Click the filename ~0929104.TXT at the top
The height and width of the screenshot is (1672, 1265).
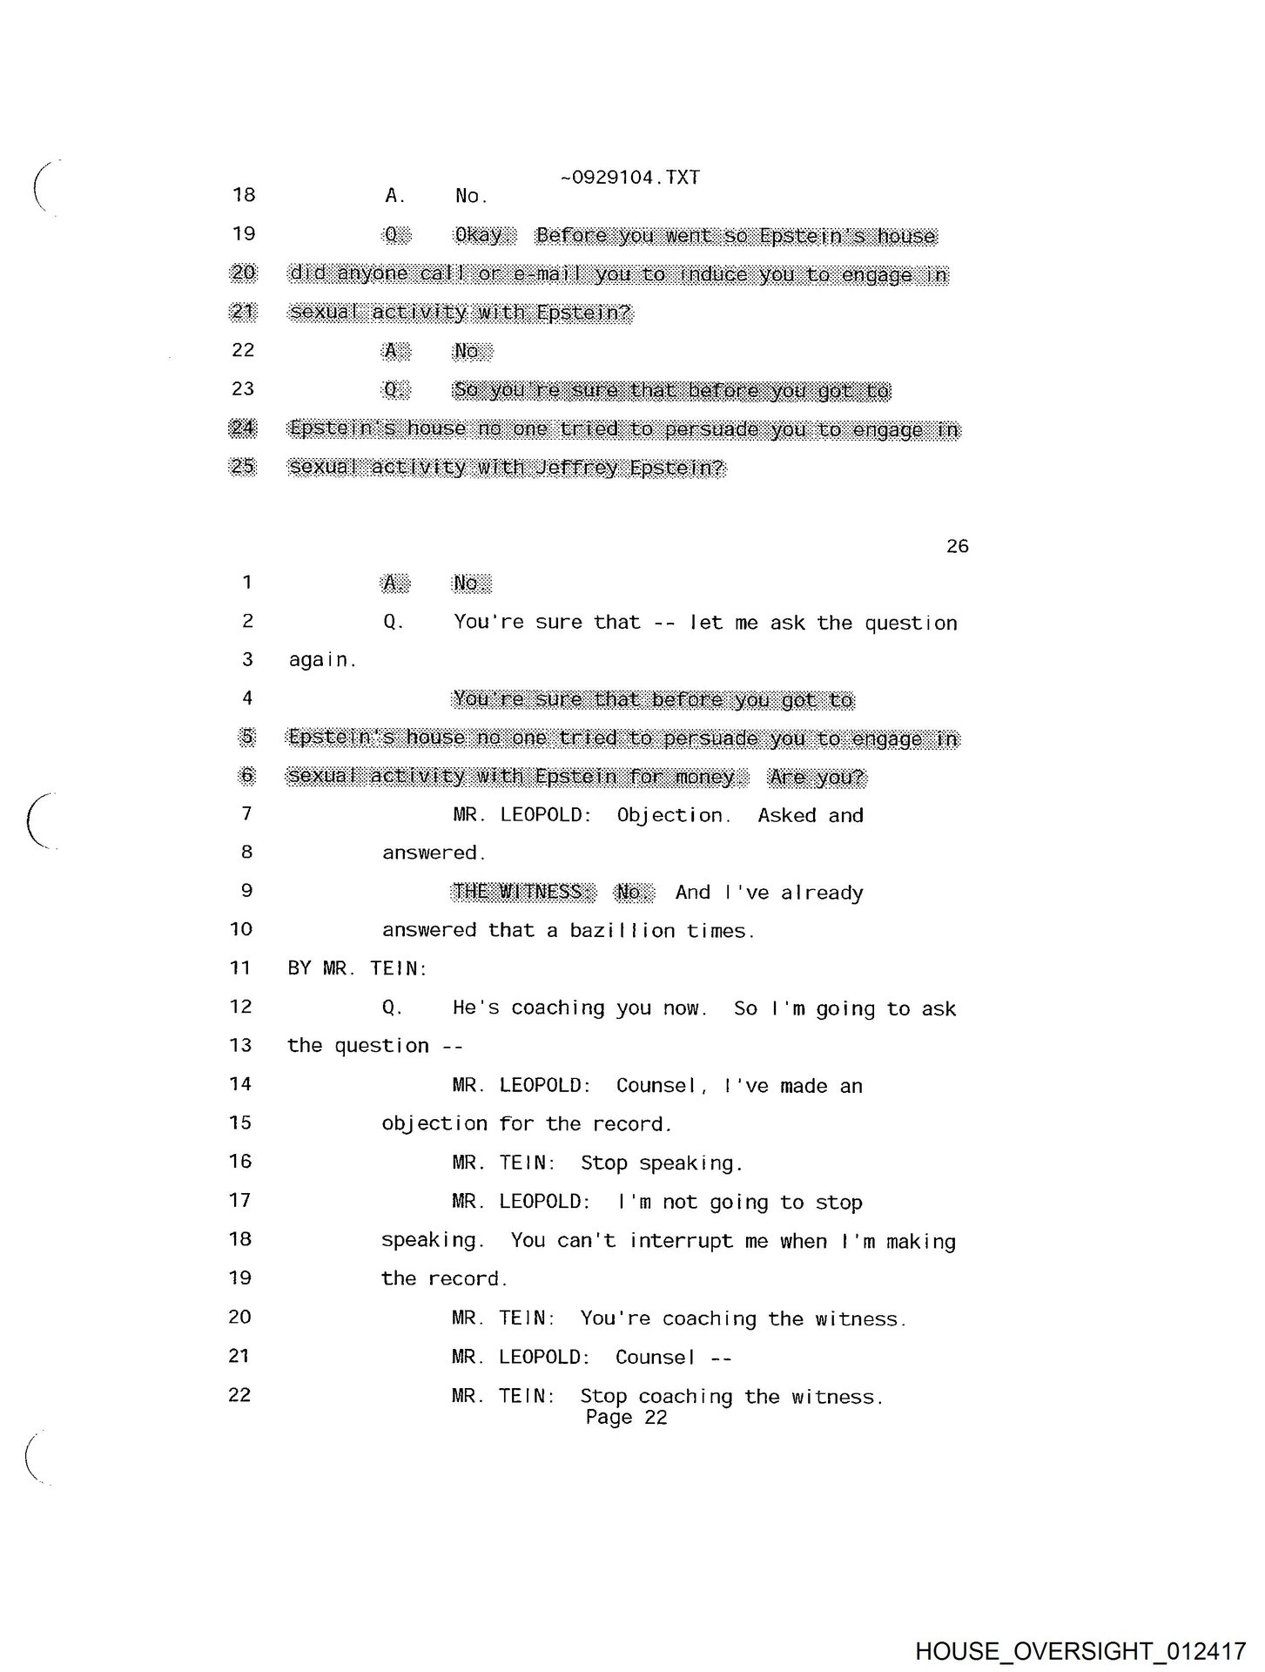click(x=629, y=178)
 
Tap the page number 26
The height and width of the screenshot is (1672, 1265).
click(x=957, y=546)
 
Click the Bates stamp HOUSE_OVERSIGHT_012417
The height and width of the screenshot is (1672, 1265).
click(x=1080, y=1650)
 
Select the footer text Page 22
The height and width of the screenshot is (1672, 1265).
click(x=626, y=1417)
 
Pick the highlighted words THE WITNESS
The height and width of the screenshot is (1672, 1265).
click(x=523, y=892)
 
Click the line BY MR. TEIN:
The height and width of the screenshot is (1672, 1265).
click(x=357, y=968)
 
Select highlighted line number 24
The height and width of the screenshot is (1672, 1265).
click(x=242, y=428)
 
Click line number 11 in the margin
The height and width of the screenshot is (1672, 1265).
click(x=240, y=967)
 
